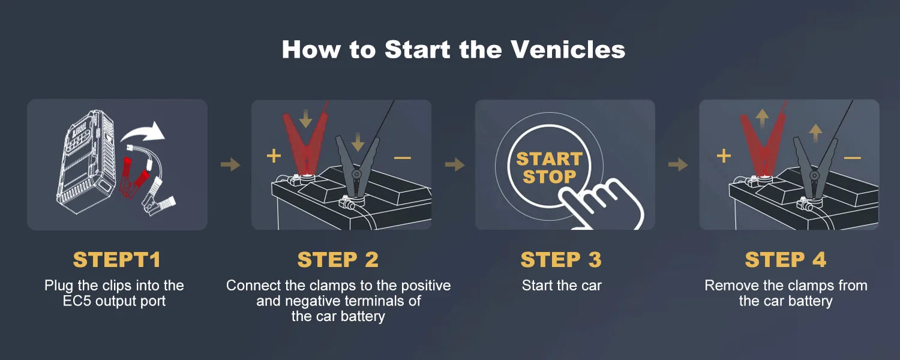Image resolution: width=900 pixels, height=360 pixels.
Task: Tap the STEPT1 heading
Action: click(117, 260)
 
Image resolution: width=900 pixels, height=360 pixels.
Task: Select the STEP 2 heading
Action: click(338, 260)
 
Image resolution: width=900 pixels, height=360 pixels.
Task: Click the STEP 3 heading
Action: click(561, 260)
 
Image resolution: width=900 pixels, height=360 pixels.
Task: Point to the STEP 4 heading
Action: click(785, 260)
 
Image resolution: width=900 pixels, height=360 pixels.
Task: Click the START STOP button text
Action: click(549, 168)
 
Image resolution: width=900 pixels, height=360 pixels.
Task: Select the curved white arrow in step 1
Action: click(144, 132)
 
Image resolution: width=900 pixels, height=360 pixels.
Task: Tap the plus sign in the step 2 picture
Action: click(274, 157)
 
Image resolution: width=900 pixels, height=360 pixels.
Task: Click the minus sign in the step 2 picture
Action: click(403, 158)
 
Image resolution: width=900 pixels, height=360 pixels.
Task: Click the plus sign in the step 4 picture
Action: click(724, 157)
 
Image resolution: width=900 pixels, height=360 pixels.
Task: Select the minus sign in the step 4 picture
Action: click(852, 158)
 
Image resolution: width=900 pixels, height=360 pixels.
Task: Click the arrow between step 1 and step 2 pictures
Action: click(230, 164)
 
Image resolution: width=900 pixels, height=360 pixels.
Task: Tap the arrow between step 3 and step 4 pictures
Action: click(677, 164)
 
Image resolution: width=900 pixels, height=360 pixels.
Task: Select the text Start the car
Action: click(561, 286)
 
